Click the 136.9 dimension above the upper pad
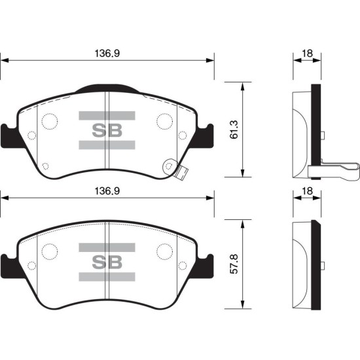click(x=107, y=54)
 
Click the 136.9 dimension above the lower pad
click(x=107, y=191)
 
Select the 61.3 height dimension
click(x=234, y=130)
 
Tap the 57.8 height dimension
click(x=234, y=264)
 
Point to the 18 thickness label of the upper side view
click(x=307, y=54)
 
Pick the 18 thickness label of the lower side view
click(x=307, y=191)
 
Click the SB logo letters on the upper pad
click(x=107, y=130)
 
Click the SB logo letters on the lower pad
click(x=107, y=262)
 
